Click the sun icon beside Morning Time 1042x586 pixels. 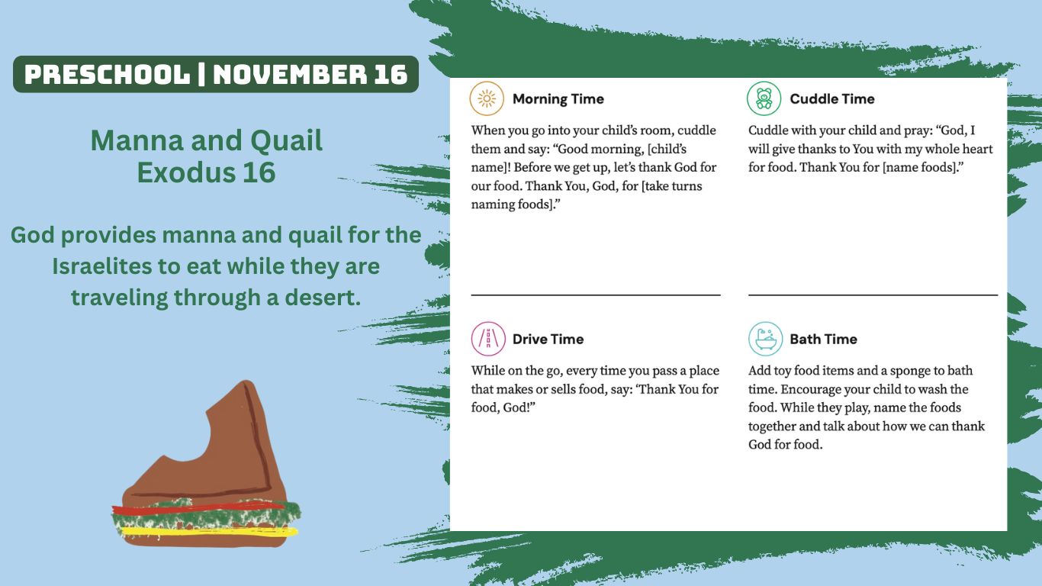click(487, 98)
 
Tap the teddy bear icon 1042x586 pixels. click(764, 98)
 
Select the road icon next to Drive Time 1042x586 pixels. click(488, 339)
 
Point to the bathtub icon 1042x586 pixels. click(766, 339)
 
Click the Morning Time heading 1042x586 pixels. click(558, 99)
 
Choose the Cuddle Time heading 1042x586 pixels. click(832, 99)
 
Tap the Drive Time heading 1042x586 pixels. click(548, 340)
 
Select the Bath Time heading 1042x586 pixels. click(823, 340)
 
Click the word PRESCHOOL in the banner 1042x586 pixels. click(108, 75)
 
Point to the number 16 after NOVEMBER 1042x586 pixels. click(391, 75)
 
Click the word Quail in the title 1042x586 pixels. click(287, 141)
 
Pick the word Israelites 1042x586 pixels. click(101, 266)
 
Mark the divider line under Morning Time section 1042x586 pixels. click(596, 295)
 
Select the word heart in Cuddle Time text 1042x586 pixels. click(975, 149)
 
